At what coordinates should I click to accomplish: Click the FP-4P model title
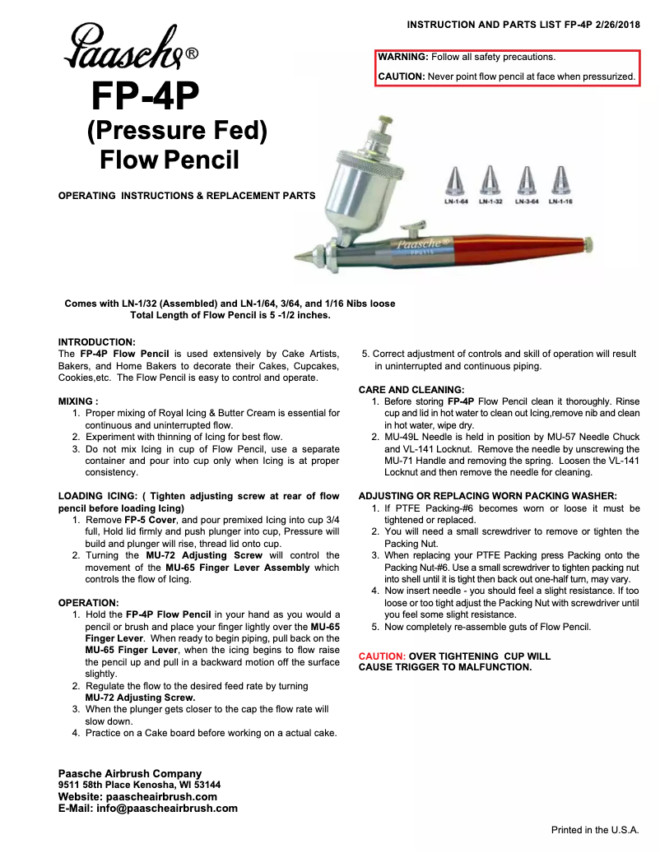coord(145,97)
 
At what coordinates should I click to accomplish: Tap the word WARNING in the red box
coord(402,58)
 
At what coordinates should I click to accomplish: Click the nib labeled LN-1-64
coord(456,178)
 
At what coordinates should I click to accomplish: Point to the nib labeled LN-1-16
coord(560,178)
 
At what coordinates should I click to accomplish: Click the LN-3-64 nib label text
coord(527,202)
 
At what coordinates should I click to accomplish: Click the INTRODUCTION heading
coord(96,342)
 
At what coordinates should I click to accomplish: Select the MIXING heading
coord(78,401)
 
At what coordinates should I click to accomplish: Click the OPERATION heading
coord(88,603)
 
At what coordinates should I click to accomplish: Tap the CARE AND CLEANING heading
coord(411,390)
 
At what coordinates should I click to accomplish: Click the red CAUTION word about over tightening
coord(382,656)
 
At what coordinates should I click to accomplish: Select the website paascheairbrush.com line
coord(137,796)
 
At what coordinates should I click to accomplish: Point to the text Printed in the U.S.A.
coord(594,830)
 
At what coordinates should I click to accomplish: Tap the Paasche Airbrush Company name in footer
coord(129,773)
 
